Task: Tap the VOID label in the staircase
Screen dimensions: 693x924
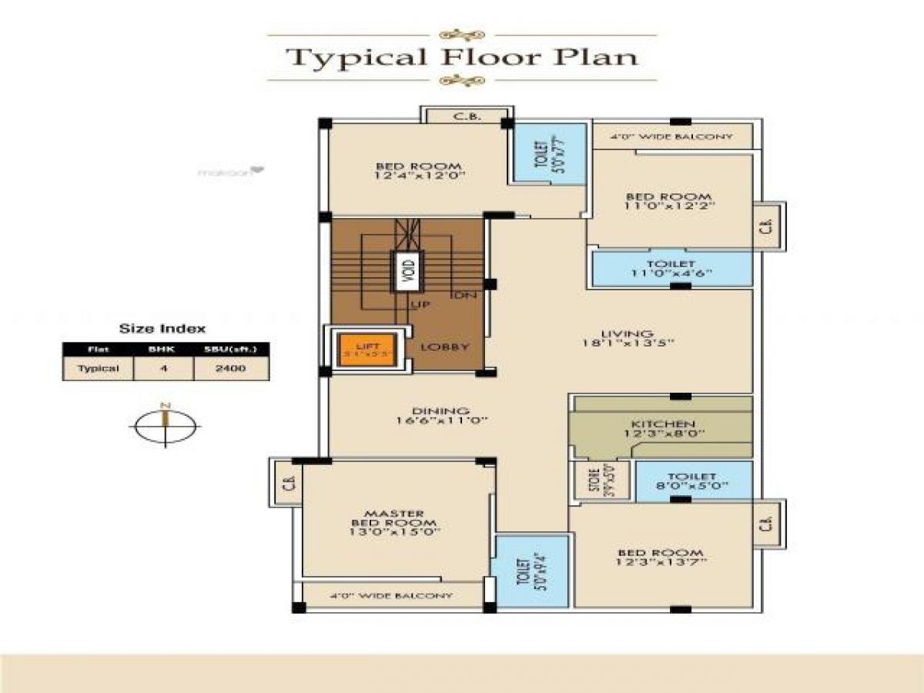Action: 407,271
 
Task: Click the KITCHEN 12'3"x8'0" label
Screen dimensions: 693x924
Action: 663,429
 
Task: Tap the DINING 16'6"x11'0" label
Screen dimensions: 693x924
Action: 441,416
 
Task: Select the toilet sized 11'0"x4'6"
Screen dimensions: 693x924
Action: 671,268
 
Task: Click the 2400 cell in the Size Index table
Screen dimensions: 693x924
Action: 231,368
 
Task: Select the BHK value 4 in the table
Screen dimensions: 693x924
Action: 163,368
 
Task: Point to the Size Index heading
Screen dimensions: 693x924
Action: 162,328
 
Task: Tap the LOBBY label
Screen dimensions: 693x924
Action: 445,346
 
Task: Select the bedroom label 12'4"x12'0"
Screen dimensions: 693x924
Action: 419,170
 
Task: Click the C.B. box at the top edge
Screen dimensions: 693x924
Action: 467,116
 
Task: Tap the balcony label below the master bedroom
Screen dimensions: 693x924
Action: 390,596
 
